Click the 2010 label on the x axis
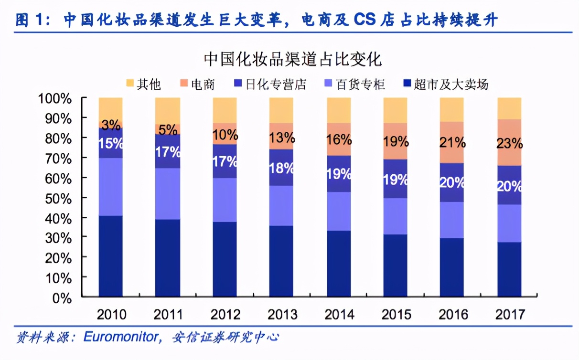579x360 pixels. coord(111,315)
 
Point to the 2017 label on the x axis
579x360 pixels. coord(510,315)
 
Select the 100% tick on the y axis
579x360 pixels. coord(55,98)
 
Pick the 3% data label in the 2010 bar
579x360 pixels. coord(111,125)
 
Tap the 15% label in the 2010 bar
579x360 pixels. coord(111,143)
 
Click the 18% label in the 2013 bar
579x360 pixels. coord(281,168)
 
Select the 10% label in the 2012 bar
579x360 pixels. coord(225,135)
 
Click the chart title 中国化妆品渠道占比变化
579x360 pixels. coord(293,60)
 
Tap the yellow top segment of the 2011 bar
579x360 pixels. coord(168,110)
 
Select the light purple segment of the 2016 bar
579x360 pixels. coord(452,220)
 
